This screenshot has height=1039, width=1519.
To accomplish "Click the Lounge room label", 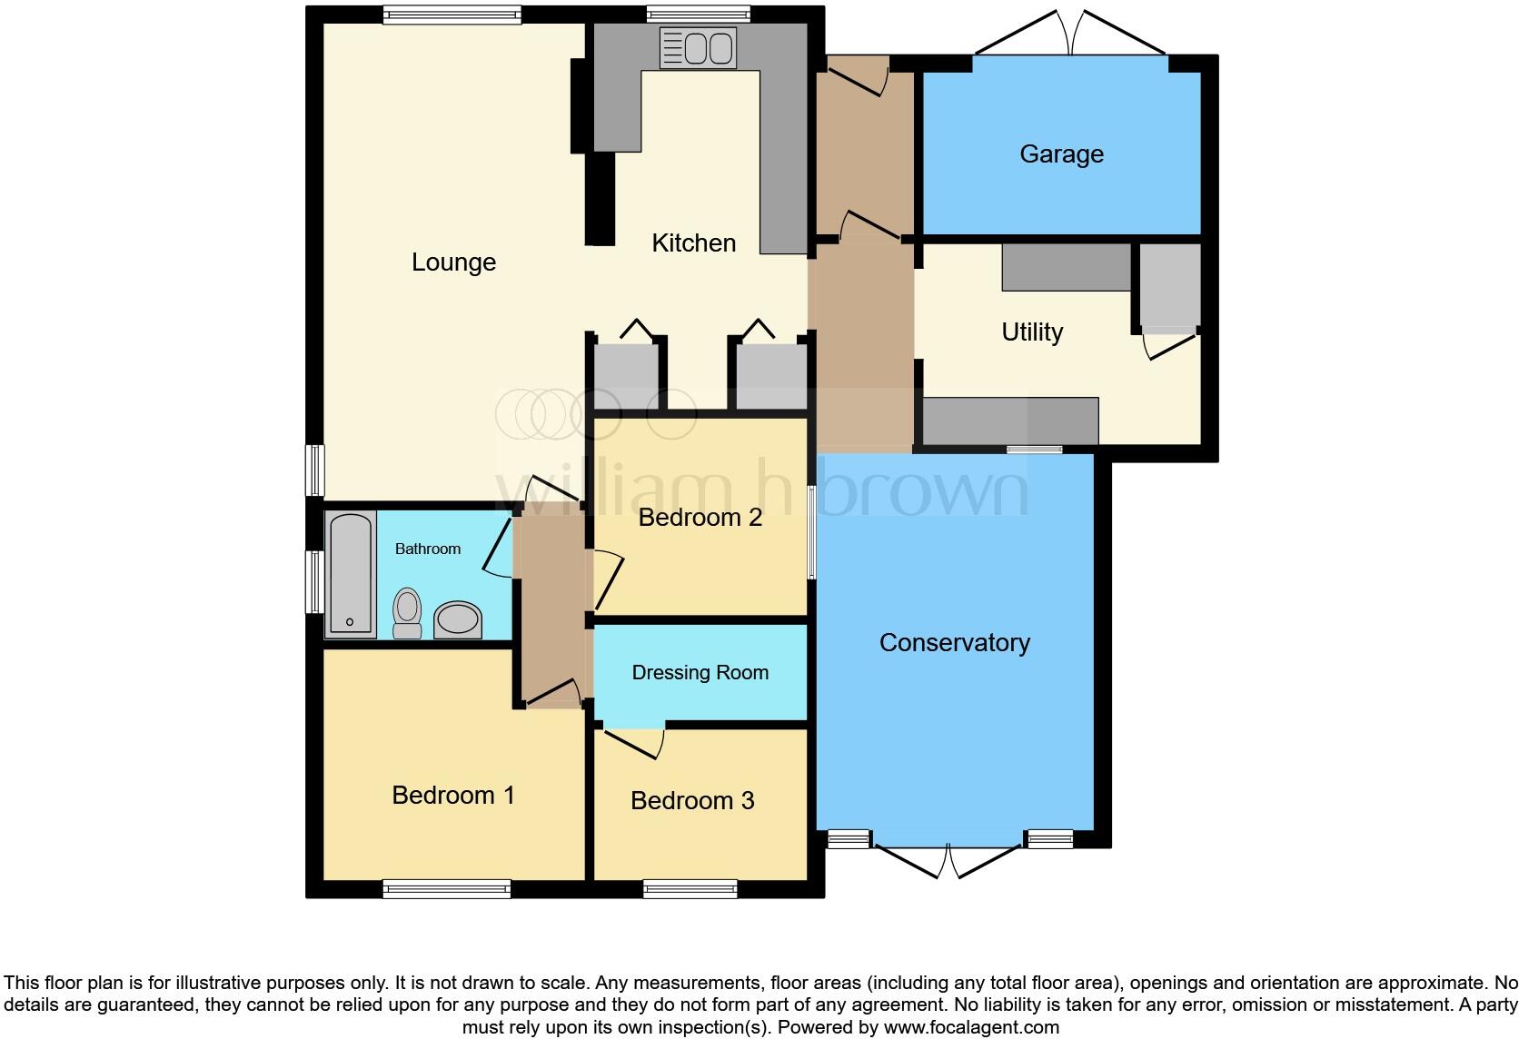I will tap(453, 262).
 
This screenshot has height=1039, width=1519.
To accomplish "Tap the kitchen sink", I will tap(698, 48).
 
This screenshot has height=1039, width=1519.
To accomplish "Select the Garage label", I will tap(1061, 154).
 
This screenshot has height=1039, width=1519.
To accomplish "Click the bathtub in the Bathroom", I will tap(351, 573).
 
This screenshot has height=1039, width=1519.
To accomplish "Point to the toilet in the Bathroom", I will tap(407, 612).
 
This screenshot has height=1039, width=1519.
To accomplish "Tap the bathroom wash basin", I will tap(458, 620).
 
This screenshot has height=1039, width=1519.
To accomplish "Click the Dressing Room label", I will tap(700, 673).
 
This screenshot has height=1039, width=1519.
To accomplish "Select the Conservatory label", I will tap(954, 643).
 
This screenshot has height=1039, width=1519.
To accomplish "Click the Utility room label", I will tap(1031, 332).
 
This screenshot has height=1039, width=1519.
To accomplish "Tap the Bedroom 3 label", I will tap(692, 801).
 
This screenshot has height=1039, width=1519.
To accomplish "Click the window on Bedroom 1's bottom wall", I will tap(446, 889).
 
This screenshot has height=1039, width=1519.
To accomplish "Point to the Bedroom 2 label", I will tap(700, 518).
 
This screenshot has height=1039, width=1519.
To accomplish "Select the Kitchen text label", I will tap(693, 243).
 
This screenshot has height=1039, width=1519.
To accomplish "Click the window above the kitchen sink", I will tap(698, 14).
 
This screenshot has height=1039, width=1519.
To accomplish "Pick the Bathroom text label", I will tap(427, 549).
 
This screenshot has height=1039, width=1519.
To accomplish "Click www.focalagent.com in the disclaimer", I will tap(971, 1028).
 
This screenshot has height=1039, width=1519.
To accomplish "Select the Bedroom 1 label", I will tap(452, 796).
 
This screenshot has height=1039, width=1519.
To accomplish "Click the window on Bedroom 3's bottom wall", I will tap(690, 889).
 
